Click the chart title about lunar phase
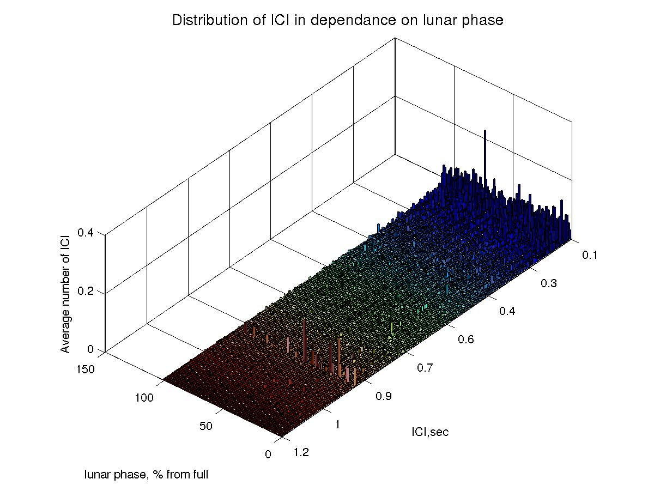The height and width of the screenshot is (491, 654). [x=337, y=21]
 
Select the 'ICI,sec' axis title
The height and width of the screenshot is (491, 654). [x=430, y=433]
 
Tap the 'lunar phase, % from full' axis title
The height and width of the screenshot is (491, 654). [x=146, y=475]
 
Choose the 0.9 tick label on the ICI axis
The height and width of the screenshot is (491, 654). [x=384, y=396]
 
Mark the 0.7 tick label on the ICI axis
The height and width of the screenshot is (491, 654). [x=427, y=368]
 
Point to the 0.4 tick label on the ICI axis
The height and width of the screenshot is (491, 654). [x=508, y=311]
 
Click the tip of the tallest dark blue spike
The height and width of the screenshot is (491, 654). [x=485, y=131]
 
